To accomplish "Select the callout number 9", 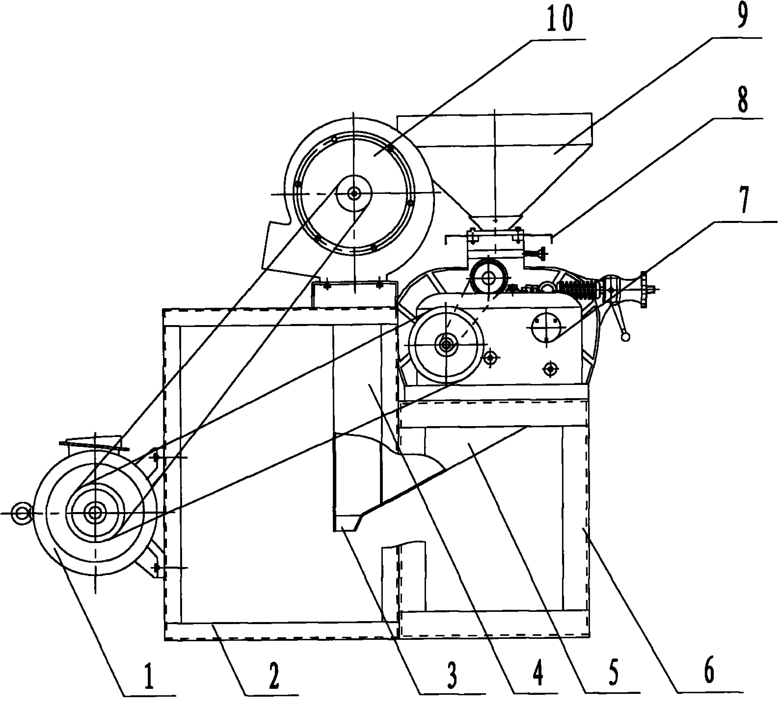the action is (742, 16).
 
